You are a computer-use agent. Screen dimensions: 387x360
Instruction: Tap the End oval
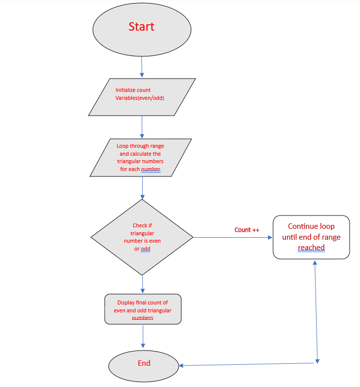click(x=144, y=365)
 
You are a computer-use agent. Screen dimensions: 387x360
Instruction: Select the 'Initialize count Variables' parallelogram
click(x=142, y=97)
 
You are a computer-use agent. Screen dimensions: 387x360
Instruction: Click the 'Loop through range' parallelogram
click(x=141, y=157)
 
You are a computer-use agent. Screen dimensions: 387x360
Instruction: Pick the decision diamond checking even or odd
click(x=142, y=237)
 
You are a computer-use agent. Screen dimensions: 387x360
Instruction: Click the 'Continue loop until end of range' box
click(x=311, y=237)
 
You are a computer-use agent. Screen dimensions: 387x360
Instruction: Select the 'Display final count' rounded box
click(x=143, y=309)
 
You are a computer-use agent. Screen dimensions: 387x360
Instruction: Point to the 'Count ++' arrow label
click(x=246, y=230)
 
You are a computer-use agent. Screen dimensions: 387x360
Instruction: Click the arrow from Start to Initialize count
click(x=142, y=67)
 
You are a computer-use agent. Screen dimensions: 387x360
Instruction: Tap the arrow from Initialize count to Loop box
click(x=142, y=127)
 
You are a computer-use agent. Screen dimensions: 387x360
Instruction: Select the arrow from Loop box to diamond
click(x=142, y=187)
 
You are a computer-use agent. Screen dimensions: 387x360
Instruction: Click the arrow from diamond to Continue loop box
click(x=232, y=238)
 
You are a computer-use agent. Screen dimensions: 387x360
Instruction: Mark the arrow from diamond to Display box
click(x=143, y=284)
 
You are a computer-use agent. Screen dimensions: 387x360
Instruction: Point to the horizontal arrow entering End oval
click(x=247, y=364)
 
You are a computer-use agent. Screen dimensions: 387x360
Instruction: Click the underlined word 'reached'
click(x=311, y=248)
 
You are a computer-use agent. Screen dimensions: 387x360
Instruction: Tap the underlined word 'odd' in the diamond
click(x=146, y=249)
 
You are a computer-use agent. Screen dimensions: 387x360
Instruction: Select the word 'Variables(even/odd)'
click(x=140, y=98)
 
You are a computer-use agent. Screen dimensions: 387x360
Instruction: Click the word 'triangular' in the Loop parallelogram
click(x=140, y=162)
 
